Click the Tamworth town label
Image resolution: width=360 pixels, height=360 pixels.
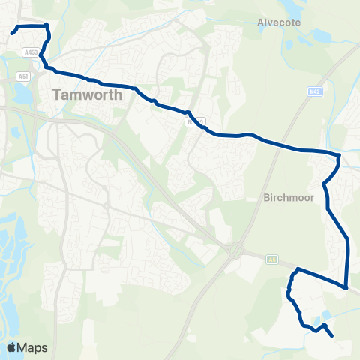tap(83, 95)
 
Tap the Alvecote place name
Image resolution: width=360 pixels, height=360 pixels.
tap(278, 22)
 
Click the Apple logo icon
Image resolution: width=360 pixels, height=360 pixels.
tap(12, 347)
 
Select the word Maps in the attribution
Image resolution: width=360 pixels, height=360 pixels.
tap(34, 347)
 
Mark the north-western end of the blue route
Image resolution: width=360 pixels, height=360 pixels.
tap(13, 32)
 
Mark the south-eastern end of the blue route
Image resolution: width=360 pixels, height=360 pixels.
tap(332, 336)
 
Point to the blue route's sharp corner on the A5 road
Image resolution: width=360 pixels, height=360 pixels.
tap(346, 286)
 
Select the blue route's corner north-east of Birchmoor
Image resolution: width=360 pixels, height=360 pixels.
tap(339, 157)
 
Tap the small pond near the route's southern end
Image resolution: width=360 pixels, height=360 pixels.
tap(324, 317)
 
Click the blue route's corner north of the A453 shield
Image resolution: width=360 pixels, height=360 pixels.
tap(46, 26)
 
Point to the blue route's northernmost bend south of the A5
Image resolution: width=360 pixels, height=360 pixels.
tap(298, 268)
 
